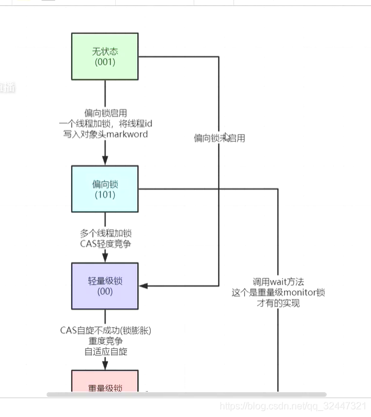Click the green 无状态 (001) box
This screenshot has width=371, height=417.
click(105, 56)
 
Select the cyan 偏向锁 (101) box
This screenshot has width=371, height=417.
click(105, 189)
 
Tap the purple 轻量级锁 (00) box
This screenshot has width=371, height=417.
click(105, 286)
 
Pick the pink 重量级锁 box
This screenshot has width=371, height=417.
click(105, 384)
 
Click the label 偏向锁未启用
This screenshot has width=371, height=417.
click(220, 138)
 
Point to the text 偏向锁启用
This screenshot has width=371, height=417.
click(105, 113)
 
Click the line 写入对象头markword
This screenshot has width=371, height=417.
click(105, 133)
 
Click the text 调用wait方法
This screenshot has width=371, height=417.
click(278, 281)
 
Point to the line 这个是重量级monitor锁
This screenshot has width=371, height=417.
click(278, 292)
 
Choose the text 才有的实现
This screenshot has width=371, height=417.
click(278, 303)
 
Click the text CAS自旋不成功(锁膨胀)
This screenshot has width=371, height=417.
click(105, 330)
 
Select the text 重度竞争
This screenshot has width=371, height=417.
click(105, 341)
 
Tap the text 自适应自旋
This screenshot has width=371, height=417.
click(105, 351)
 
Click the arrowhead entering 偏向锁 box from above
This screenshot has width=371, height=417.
click(105, 161)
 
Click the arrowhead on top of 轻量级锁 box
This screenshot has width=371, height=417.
click(105, 258)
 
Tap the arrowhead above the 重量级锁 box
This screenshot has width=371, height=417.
click(105, 365)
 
